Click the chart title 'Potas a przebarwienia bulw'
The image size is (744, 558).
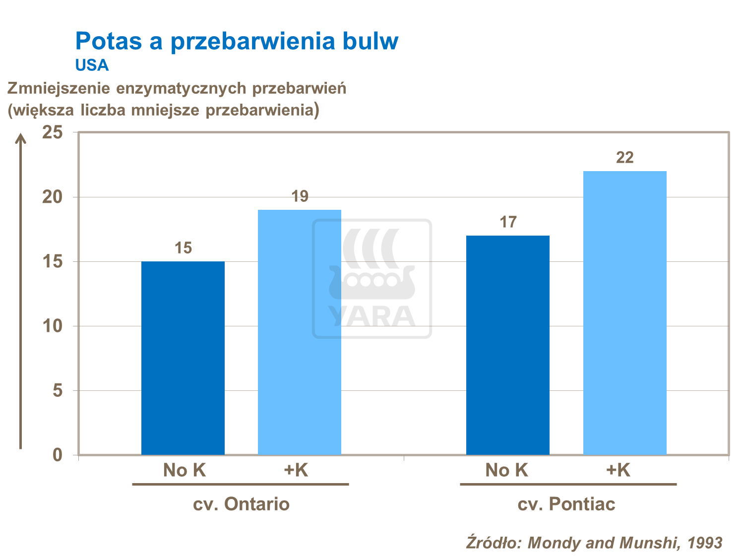tap(237, 41)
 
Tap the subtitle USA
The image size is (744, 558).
tap(92, 65)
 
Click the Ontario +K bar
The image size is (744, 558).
tap(300, 332)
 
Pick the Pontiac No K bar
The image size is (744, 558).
tap(508, 345)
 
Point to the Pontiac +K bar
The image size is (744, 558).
tap(624, 313)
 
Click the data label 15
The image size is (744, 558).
tap(183, 248)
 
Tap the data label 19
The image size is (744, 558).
tap(300, 196)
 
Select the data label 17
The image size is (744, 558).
tap(508, 222)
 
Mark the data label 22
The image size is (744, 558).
tap(624, 158)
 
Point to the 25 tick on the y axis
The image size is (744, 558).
tap(53, 132)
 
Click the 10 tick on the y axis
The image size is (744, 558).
tap(53, 326)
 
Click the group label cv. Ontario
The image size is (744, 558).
tap(241, 504)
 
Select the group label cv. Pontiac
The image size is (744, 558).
tap(566, 504)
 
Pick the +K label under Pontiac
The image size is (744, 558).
tap(618, 470)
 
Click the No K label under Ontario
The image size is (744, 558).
tap(184, 470)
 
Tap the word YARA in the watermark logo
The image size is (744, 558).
tap(372, 316)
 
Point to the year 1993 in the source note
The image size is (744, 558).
tap(704, 543)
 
